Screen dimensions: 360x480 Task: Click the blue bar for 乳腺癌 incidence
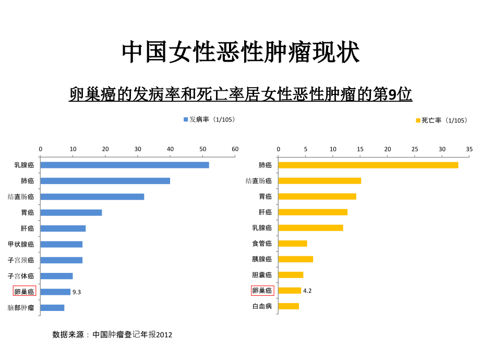[x=124, y=165]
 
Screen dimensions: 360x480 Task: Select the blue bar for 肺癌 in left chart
[x=105, y=181]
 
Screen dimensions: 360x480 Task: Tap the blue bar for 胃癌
[x=71, y=212]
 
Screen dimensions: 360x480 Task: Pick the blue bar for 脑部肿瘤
[x=52, y=307]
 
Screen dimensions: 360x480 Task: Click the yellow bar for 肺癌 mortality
[x=368, y=165]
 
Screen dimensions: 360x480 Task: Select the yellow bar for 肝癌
[x=313, y=212]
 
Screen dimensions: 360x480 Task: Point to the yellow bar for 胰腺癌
[x=295, y=259]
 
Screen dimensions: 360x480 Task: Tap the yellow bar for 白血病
[x=289, y=306]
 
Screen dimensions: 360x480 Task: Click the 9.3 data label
[x=77, y=292]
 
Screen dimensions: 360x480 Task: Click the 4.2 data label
[x=307, y=291]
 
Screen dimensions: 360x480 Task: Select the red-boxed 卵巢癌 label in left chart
[x=25, y=292]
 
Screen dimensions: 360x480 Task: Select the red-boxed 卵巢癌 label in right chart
[x=262, y=291]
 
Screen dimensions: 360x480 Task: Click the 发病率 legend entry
[x=209, y=119]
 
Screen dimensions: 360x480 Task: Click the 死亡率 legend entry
[x=441, y=121]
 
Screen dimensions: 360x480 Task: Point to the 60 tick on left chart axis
[x=235, y=149]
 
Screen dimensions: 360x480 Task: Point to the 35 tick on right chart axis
[x=469, y=149]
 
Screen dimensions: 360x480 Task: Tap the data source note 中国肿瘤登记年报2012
[x=112, y=334]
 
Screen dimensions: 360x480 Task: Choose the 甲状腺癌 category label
[x=21, y=244]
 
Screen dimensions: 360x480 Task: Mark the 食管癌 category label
[x=262, y=243]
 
